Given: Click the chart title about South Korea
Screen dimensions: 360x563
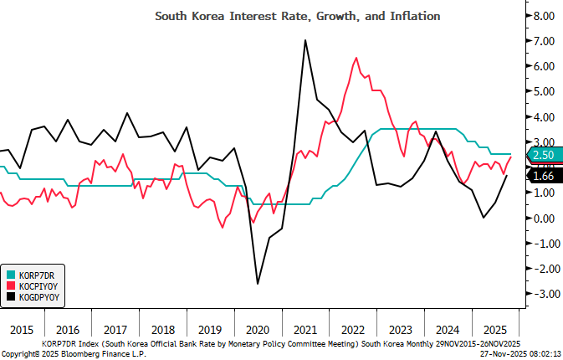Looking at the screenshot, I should [298, 16].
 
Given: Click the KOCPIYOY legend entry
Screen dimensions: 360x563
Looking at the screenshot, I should [38, 285].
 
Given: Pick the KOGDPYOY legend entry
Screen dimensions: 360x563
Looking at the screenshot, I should [38, 296].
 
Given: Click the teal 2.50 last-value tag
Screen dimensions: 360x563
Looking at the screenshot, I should [543, 155].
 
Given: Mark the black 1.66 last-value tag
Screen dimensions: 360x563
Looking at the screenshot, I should [543, 176].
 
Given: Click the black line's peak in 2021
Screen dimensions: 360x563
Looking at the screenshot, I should [305, 40].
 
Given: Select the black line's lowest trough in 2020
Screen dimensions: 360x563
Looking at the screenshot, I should [257, 284].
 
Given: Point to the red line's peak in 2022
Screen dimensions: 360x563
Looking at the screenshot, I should [356, 58].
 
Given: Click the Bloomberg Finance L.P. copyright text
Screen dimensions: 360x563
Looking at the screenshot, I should [67, 353].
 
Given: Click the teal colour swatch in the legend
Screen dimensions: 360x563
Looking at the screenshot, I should [11, 275].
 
